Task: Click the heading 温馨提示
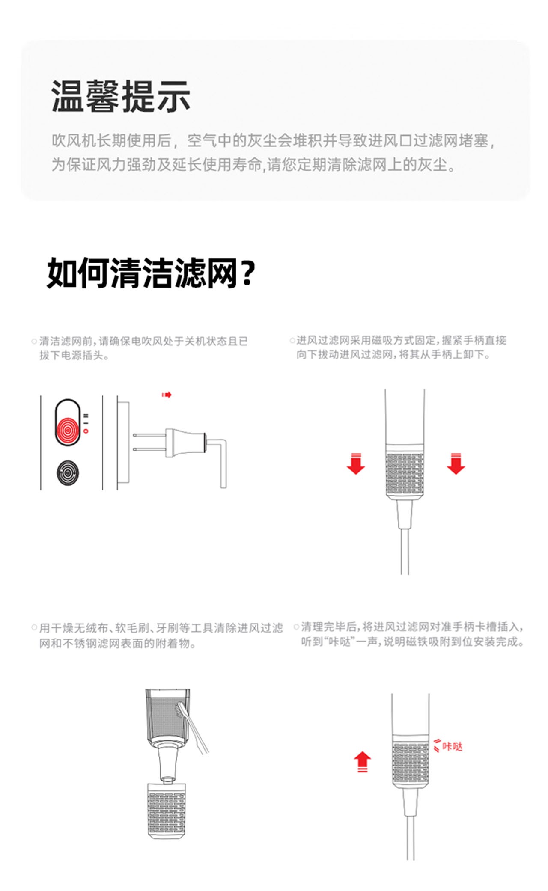[x=121, y=96]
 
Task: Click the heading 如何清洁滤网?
[x=151, y=273]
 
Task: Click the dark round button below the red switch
[x=68, y=472]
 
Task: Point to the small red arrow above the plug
[x=167, y=395]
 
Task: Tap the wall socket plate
[x=123, y=443]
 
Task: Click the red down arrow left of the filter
[x=356, y=464]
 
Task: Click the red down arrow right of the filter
[x=456, y=464]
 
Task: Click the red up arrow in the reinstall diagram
[x=362, y=762]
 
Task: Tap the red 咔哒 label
[x=452, y=746]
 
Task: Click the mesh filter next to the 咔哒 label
[x=411, y=763]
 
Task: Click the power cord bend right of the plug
[x=223, y=463]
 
